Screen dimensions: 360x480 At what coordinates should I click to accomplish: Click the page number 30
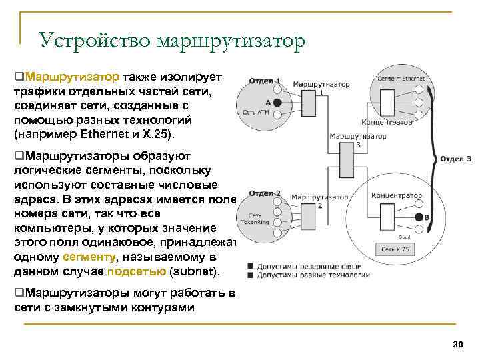(x=457, y=343)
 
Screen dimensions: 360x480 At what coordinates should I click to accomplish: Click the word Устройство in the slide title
(x=95, y=41)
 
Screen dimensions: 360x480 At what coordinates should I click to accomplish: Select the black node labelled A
(x=277, y=103)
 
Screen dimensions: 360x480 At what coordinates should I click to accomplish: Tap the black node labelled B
(x=419, y=217)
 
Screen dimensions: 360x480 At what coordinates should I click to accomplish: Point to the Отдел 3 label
(x=455, y=159)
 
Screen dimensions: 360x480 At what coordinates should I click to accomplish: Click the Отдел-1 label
(x=264, y=81)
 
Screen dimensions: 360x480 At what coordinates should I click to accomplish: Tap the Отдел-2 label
(x=264, y=194)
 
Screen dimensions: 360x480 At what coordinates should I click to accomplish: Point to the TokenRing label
(x=259, y=221)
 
